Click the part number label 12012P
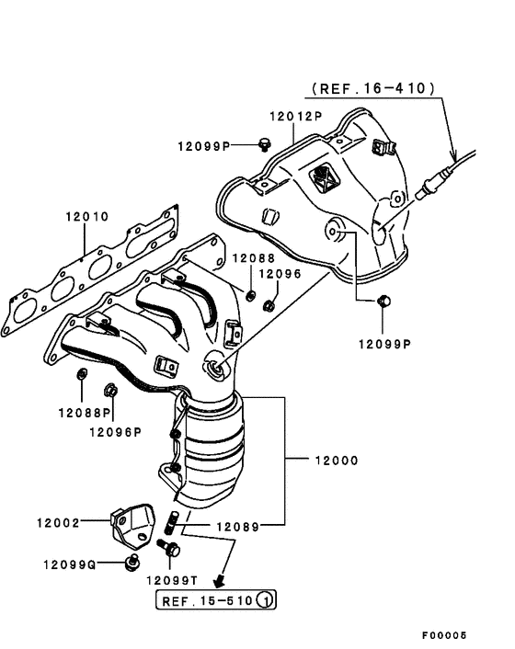[x=295, y=117]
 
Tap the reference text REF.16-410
[x=373, y=89]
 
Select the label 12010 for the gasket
[x=86, y=217]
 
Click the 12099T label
[x=172, y=580]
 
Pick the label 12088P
[x=84, y=412]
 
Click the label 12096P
[x=115, y=429]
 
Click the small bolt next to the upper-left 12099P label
[x=266, y=142]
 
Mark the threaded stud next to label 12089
[x=172, y=522]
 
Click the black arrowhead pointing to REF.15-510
[x=219, y=581]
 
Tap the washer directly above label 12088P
[x=81, y=373]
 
